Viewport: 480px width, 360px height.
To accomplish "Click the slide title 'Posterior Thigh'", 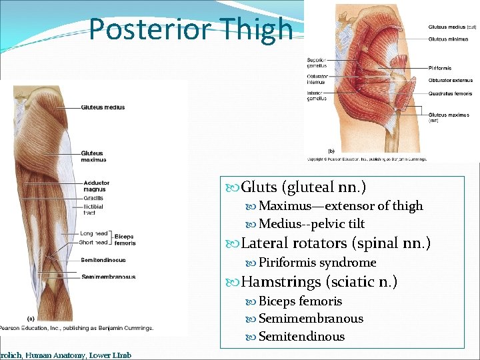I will click(191, 29).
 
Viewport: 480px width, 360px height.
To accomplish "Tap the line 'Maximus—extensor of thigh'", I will click(341, 206).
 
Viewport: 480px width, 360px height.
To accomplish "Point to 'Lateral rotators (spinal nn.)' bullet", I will click(336, 243).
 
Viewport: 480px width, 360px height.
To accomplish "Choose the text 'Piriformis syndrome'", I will click(317, 263).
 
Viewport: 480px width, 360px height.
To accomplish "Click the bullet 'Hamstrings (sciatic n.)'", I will click(319, 282).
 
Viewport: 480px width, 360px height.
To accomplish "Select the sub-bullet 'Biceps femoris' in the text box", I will click(300, 301).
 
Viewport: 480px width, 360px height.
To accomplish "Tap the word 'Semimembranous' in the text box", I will click(311, 319).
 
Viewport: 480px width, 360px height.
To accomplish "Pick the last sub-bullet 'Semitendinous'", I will click(301, 337).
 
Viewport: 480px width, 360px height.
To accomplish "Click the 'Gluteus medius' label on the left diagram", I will click(103, 107).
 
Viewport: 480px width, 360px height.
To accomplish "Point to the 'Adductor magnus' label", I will click(96, 186).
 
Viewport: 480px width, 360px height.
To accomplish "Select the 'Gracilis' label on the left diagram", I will click(93, 198).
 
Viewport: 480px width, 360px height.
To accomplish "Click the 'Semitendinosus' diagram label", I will click(103, 260).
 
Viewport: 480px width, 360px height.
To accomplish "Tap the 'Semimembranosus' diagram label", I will click(108, 277).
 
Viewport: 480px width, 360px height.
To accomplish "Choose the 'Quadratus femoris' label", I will click(450, 94).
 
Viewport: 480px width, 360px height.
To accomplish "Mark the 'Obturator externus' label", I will click(450, 81).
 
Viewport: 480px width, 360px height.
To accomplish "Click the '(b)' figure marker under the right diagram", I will click(331, 151).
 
